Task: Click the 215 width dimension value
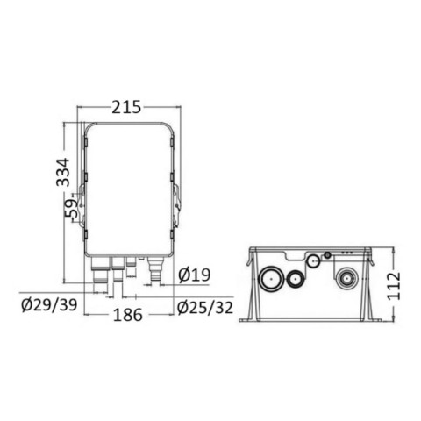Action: (126, 107)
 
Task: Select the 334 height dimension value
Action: (63, 172)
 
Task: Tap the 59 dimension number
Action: (72, 208)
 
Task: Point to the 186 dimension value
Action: (128, 315)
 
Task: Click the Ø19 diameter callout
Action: (195, 275)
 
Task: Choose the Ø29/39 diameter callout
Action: (49, 305)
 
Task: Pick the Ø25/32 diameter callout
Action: (205, 308)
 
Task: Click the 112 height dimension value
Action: (394, 286)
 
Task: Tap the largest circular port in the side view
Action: (271, 278)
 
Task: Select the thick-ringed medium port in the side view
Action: (295, 279)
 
